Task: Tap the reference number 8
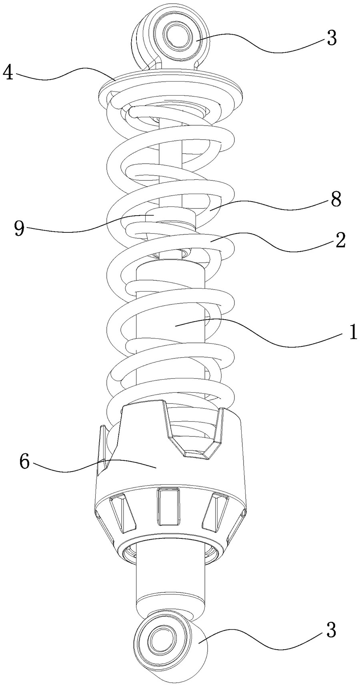[x=335, y=199]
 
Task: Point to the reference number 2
[x=340, y=240]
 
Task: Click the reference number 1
[x=352, y=332]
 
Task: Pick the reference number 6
[x=24, y=462]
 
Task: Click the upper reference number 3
[x=331, y=38]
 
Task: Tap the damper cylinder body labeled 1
[x=171, y=328]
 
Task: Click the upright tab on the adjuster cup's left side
[x=103, y=446]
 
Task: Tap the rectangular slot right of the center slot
[x=215, y=513]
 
